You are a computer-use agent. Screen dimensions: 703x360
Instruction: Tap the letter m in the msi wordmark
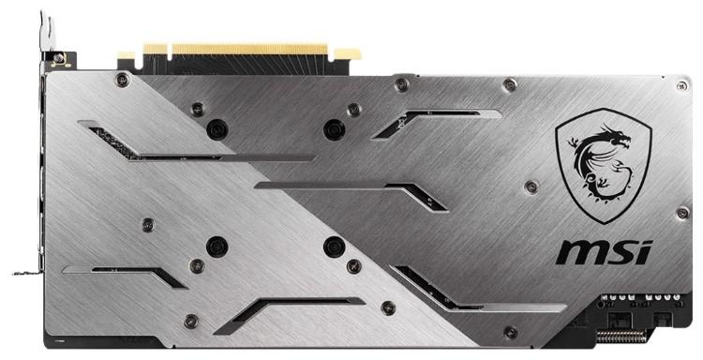tap(579, 252)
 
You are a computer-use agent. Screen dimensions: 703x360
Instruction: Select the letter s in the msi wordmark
tap(620, 252)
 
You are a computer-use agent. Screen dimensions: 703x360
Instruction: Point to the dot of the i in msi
tap(646, 245)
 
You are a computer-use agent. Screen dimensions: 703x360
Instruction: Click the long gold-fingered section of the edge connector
tap(249, 49)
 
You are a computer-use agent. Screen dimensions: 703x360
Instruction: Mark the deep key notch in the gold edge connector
tap(169, 52)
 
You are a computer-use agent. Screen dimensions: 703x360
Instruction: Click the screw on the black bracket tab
tap(58, 58)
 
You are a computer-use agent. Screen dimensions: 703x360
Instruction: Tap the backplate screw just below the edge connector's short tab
tap(122, 81)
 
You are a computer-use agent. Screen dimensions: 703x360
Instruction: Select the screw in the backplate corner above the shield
tap(682, 86)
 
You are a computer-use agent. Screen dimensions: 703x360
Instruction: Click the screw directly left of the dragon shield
tap(531, 187)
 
